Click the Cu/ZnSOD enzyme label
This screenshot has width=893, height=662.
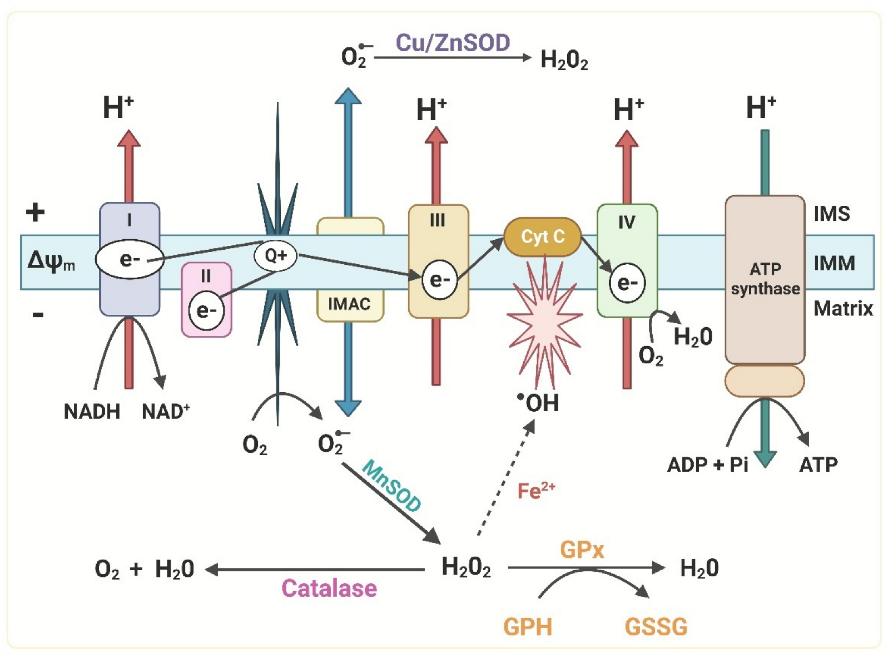(x=453, y=43)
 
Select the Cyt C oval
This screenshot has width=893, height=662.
(x=542, y=237)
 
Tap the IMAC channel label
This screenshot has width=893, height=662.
(x=349, y=304)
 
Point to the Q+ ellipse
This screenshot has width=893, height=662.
(x=275, y=256)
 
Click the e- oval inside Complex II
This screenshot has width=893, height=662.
(x=206, y=310)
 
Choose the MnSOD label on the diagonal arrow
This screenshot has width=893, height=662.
(x=391, y=486)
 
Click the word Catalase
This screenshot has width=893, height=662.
(x=329, y=589)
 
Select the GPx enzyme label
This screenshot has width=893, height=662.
(x=582, y=550)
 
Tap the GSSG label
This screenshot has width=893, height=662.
(x=656, y=627)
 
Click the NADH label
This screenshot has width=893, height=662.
(x=92, y=412)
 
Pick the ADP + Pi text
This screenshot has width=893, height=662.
(x=707, y=465)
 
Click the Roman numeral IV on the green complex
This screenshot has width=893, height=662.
(x=627, y=223)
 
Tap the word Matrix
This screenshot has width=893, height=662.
(x=843, y=308)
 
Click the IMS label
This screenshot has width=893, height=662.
(x=832, y=214)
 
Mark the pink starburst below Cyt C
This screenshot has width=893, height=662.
(x=544, y=323)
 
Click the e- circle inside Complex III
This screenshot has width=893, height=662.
(x=439, y=280)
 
